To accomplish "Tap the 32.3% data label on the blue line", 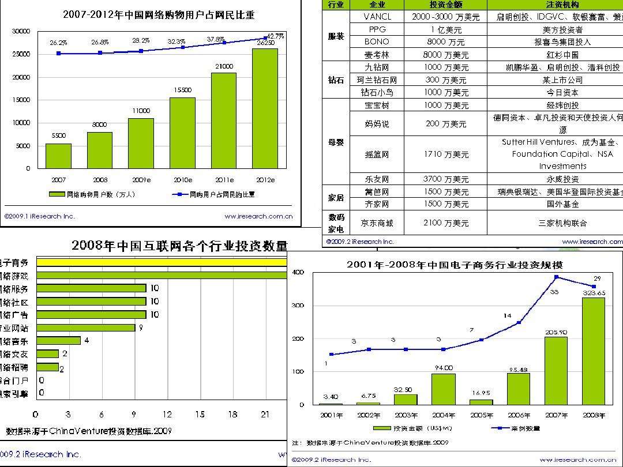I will (177, 42).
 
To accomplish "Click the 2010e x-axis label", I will (182, 180).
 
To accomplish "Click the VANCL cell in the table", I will (377, 17).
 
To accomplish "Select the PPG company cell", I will (377, 29).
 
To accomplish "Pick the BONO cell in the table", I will (377, 42).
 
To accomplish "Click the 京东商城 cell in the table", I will (377, 223).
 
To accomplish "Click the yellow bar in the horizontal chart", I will (162, 262).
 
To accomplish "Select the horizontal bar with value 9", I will (86, 327).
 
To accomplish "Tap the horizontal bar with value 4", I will (58, 341).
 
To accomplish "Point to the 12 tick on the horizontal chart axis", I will (167, 415).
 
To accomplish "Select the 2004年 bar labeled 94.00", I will (444, 389).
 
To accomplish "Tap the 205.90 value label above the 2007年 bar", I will (556, 332).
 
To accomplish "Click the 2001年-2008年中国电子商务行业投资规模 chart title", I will (455, 265).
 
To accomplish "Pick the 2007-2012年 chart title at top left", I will (159, 15).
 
